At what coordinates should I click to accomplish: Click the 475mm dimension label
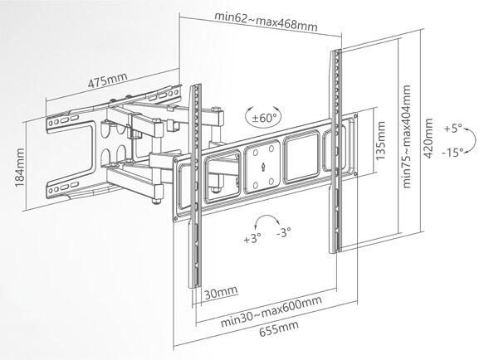click(x=108, y=80)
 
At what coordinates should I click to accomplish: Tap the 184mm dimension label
click(x=20, y=168)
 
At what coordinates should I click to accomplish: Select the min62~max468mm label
click(x=266, y=22)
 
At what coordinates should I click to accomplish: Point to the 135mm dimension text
click(x=381, y=141)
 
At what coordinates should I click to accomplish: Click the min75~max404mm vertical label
click(x=407, y=137)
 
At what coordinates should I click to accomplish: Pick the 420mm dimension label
click(x=428, y=139)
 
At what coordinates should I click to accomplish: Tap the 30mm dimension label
click(x=221, y=293)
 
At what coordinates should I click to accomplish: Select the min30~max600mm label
click(x=271, y=311)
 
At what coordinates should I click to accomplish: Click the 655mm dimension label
click(x=279, y=328)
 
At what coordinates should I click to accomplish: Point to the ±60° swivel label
click(x=264, y=118)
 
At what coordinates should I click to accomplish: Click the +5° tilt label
click(x=452, y=128)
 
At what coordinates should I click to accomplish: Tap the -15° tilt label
click(x=452, y=153)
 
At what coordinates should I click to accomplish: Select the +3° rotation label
click(x=252, y=239)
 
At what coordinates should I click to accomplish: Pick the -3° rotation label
click(x=283, y=232)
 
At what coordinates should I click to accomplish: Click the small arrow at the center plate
click(x=263, y=167)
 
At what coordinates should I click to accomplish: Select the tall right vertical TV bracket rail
click(x=335, y=151)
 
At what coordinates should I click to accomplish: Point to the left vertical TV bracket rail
click(x=195, y=186)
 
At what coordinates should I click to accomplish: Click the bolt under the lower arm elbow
click(x=157, y=201)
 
